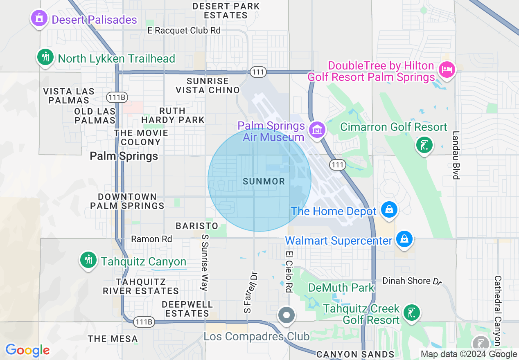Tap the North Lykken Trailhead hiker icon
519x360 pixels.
pyautogui.click(x=45, y=57)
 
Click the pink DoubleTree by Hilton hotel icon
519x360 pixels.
pyautogui.click(x=446, y=69)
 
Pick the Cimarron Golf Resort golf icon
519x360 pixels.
pyautogui.click(x=424, y=145)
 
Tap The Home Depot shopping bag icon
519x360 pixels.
pyautogui.click(x=389, y=210)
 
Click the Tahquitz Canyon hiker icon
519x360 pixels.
pyautogui.click(x=88, y=260)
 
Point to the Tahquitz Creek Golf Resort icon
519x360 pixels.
pyautogui.click(x=411, y=313)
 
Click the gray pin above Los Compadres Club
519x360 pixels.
pyautogui.click(x=287, y=315)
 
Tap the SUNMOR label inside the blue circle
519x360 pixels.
pyautogui.click(x=264, y=181)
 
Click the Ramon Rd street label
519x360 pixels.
pyautogui.click(x=151, y=239)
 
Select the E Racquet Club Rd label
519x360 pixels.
pyautogui.click(x=184, y=31)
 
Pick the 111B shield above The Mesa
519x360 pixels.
pyautogui.click(x=143, y=322)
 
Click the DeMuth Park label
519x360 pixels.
pyautogui.click(x=341, y=288)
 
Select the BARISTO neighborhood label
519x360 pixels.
pyautogui.click(x=197, y=226)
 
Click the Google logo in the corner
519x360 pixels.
pyautogui.click(x=27, y=350)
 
